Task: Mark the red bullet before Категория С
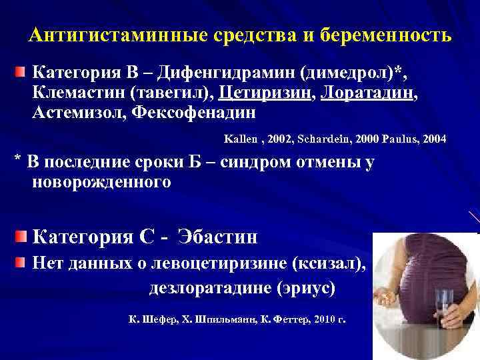[22, 236]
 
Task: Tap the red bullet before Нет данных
[22, 265]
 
